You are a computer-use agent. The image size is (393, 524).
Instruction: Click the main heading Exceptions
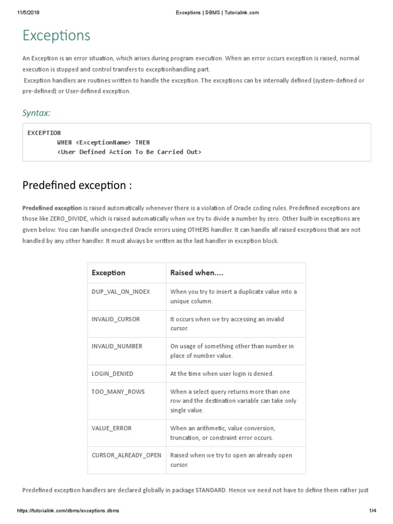[56, 35]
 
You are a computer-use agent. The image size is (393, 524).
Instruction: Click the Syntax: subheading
[36, 113]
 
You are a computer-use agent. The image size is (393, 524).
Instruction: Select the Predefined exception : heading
[77, 185]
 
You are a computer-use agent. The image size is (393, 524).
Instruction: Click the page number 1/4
[372, 511]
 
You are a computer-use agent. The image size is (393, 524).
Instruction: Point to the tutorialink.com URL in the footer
[71, 511]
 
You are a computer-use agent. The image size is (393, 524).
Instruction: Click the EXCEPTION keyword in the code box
[44, 133]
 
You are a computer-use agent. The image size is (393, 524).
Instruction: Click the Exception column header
[108, 273]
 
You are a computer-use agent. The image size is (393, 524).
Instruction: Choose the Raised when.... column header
[196, 273]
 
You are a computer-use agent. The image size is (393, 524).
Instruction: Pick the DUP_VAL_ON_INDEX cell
[121, 292]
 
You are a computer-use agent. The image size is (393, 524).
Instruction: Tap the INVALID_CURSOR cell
[116, 319]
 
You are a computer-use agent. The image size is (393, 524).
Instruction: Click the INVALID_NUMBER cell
[117, 346]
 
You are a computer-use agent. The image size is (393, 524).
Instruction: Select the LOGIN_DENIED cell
[113, 374]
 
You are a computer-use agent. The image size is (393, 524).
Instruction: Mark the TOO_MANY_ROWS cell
[118, 391]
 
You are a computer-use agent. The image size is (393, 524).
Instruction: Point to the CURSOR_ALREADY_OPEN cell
[126, 455]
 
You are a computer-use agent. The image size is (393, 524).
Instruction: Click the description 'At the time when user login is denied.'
[222, 374]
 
